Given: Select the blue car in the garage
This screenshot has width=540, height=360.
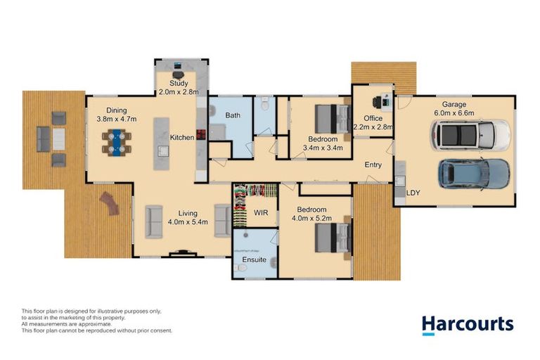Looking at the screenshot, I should tap(473, 173).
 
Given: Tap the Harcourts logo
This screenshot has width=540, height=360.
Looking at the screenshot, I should tap(468, 324).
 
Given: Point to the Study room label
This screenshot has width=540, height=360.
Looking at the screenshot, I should tap(179, 83).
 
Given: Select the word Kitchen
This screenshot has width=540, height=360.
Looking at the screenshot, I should tap(181, 138).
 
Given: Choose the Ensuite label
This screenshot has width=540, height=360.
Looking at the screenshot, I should tap(254, 259).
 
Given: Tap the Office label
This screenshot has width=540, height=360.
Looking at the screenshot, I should tap(373, 118).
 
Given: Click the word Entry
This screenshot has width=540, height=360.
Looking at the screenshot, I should tap(373, 165).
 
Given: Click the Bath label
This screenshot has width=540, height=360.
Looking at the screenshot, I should tap(233, 115).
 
